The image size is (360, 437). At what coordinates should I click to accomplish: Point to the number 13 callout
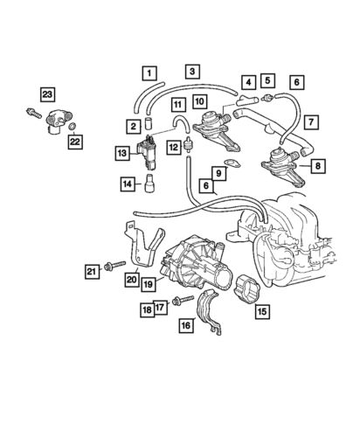pos(122,154)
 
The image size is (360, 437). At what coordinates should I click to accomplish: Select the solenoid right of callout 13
pos(151,151)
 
